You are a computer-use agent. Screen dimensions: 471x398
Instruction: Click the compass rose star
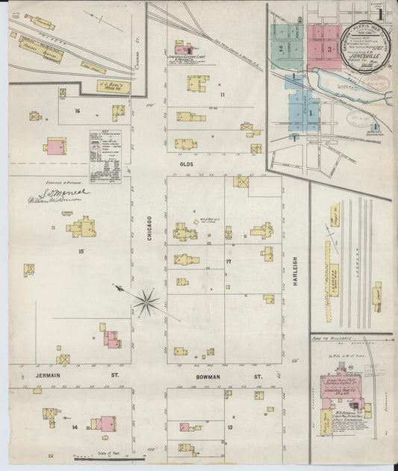pyautogui.click(x=147, y=302)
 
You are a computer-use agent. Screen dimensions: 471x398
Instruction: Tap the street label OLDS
pyautogui.click(x=185, y=161)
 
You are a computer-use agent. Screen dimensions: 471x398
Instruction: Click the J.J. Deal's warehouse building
pyautogui.click(x=114, y=87)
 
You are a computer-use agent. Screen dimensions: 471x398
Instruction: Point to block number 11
pyautogui.click(x=222, y=95)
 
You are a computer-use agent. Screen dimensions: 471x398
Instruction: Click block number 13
pyautogui.click(x=230, y=427)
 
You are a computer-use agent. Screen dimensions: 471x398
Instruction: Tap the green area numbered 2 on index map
pyautogui.click(x=282, y=48)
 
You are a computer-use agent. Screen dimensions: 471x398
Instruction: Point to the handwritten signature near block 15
pyautogui.click(x=63, y=196)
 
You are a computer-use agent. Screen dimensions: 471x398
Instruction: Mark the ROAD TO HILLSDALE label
pyautogui.click(x=332, y=340)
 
